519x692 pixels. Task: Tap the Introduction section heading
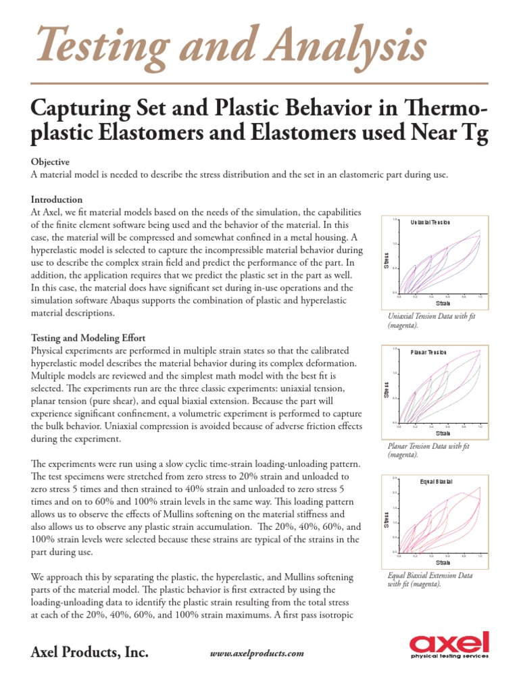(x=57, y=199)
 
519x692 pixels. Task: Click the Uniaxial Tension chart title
(x=430, y=222)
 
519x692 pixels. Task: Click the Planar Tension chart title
(x=429, y=352)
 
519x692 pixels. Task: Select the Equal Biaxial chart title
(x=436, y=481)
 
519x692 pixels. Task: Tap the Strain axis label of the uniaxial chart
(x=443, y=303)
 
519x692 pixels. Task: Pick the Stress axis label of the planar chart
(x=387, y=391)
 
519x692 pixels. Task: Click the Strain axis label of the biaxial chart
(x=443, y=562)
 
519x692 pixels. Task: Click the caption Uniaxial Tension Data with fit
(x=432, y=320)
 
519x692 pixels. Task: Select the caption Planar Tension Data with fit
(x=428, y=450)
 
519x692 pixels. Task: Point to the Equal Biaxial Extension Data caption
(x=430, y=579)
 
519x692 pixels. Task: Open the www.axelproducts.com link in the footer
(x=257, y=653)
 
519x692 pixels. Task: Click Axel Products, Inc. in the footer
(x=90, y=652)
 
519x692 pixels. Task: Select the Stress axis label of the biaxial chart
(x=387, y=521)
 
